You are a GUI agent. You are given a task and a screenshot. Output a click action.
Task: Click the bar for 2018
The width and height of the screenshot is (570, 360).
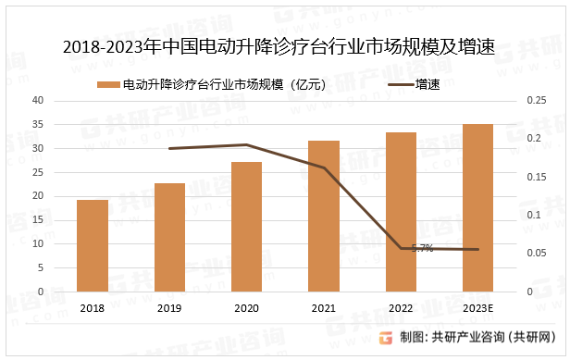click(x=93, y=245)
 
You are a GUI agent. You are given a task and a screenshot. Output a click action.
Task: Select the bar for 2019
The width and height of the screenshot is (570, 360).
click(x=169, y=237)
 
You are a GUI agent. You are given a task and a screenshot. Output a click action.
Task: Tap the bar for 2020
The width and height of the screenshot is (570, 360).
click(x=246, y=227)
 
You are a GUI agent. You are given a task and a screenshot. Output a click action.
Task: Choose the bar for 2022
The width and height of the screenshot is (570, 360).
click(x=401, y=212)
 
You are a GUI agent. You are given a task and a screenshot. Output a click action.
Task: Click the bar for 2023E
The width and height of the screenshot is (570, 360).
click(x=478, y=207)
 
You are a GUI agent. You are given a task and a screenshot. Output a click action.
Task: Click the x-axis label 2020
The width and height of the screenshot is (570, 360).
click(x=246, y=309)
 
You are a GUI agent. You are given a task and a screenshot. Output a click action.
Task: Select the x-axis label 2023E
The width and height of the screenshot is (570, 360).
click(x=478, y=309)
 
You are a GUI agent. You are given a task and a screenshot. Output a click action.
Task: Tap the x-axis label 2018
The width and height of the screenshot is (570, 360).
click(x=93, y=309)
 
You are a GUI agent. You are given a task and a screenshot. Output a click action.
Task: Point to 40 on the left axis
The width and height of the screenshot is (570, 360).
click(x=39, y=100)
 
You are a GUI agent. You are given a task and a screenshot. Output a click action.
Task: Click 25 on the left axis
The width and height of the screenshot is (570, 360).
click(x=39, y=172)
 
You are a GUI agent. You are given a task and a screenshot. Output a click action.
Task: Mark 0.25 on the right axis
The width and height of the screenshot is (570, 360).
click(x=535, y=100)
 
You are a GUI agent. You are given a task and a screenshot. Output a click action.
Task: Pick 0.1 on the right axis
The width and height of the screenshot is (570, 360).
click(x=535, y=215)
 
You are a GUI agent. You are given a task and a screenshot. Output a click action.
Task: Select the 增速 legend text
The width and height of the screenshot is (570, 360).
click(x=427, y=84)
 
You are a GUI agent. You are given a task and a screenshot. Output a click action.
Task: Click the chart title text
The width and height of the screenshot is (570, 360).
click(x=285, y=46)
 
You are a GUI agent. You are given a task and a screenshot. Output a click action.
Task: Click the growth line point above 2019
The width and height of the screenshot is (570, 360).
click(x=169, y=148)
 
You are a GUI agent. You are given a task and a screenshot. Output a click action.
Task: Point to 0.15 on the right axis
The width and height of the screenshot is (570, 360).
click(x=535, y=177)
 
